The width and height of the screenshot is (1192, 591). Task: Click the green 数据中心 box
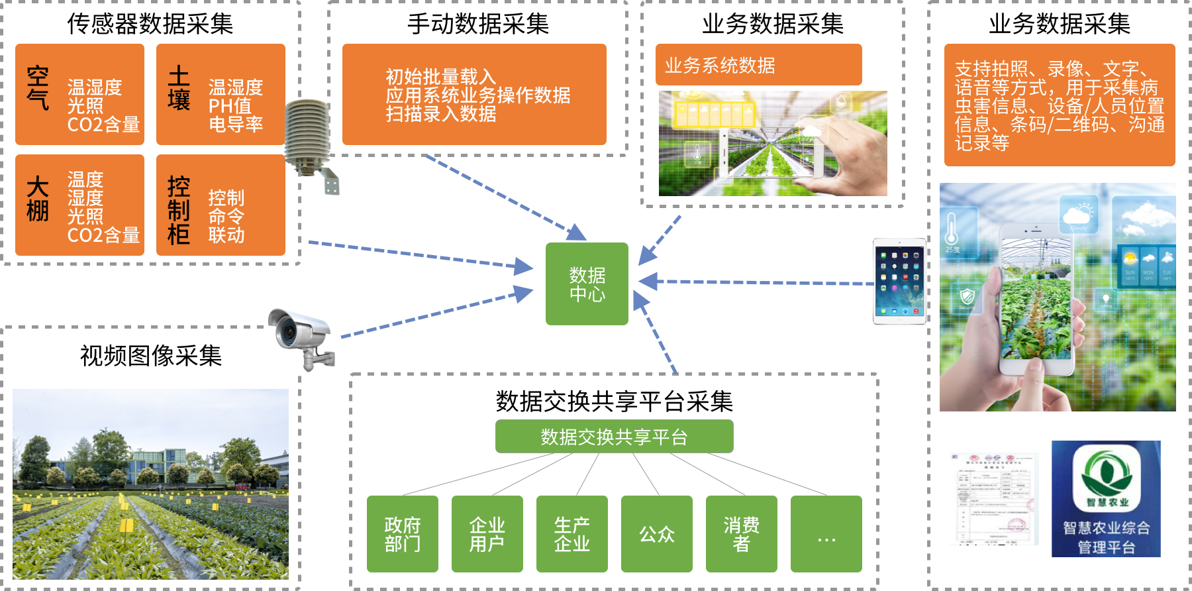coord(587,284)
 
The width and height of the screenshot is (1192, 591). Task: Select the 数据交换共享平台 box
coord(614,437)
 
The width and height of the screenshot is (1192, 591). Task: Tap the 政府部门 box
coord(403,534)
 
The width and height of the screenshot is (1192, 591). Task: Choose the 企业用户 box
coord(487,534)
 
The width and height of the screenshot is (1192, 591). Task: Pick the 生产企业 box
coord(572,534)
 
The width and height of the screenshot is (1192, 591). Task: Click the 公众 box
coord(657,534)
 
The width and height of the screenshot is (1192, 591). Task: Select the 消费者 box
coord(742,534)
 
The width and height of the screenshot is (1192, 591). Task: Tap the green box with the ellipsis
coord(826,534)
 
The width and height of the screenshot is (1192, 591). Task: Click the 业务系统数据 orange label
coord(758,65)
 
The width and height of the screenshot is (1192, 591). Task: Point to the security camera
coord(301,339)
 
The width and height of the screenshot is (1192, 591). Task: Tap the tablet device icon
coord(899,282)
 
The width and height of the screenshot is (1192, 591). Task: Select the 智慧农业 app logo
coord(1106,499)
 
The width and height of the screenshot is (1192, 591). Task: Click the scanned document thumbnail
coord(994,499)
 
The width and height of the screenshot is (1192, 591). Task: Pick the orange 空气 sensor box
coord(79,94)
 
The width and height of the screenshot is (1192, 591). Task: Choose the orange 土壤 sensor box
coord(221,94)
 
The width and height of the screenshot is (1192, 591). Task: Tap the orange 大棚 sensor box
coord(79,205)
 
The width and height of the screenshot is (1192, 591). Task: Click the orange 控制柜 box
coord(221,205)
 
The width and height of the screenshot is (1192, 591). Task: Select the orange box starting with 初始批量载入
coord(474,94)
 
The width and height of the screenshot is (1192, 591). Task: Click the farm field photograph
coord(150,484)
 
